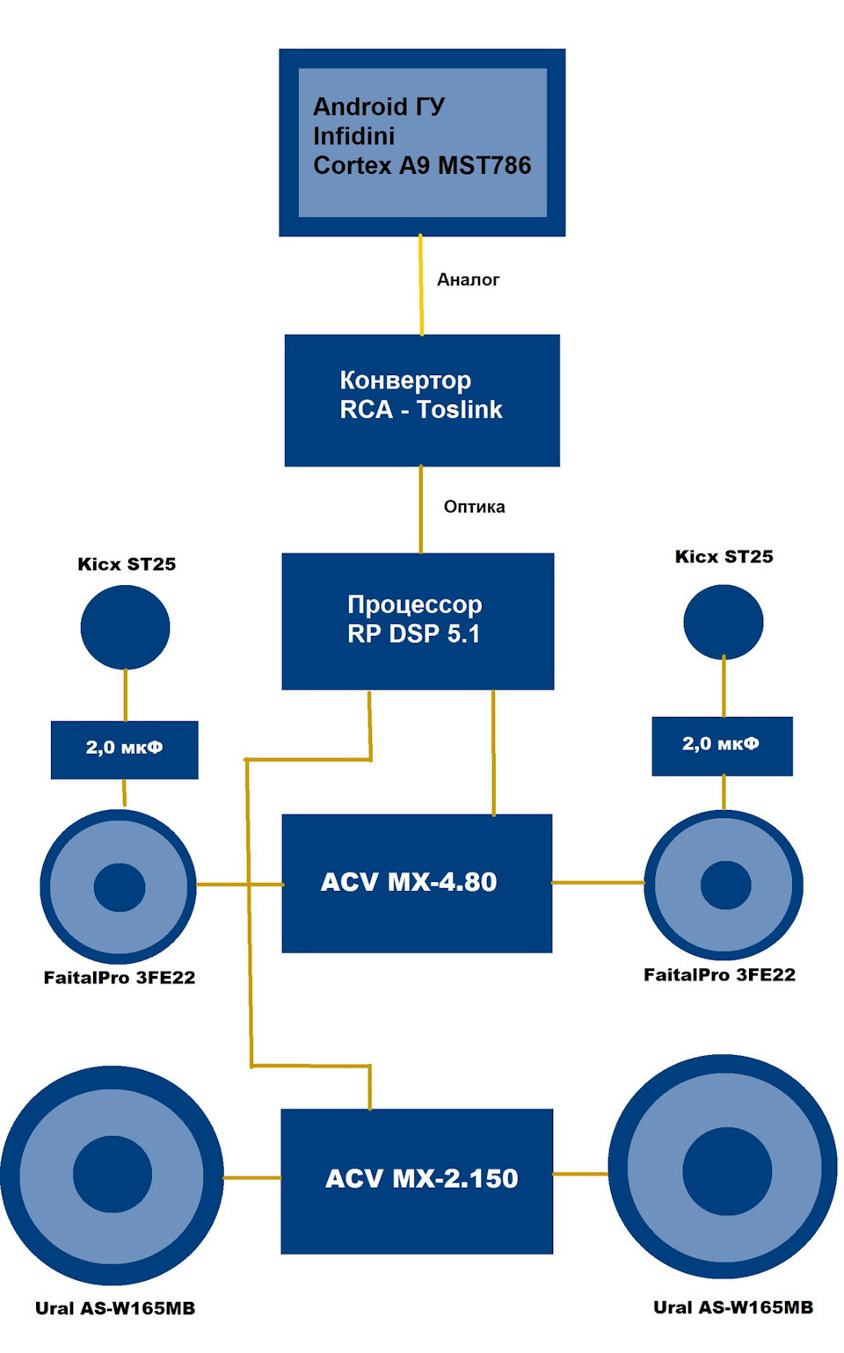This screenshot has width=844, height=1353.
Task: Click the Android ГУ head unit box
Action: (422, 142)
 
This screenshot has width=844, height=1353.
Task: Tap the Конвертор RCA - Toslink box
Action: (422, 400)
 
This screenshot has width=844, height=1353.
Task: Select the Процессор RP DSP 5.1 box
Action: (418, 620)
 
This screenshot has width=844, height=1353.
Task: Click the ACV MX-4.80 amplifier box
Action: (417, 882)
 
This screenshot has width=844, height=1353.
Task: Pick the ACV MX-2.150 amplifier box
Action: (417, 1180)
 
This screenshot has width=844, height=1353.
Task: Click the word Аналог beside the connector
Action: (468, 279)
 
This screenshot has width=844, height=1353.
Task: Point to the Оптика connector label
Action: (474, 507)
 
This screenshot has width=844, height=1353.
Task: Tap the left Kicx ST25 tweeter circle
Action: (125, 627)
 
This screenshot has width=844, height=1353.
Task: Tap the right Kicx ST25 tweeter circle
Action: (724, 623)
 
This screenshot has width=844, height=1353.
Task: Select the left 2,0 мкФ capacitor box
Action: (124, 749)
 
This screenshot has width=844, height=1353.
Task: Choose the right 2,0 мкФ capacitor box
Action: (722, 745)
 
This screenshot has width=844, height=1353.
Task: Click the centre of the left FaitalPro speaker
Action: (119, 886)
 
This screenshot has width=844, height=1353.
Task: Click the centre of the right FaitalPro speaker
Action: (724, 885)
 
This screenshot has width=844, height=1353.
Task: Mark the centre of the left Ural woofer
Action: (113, 1175)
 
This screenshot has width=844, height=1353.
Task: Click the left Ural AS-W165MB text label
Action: (115, 1308)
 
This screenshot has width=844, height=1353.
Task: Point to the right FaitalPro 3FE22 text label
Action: (719, 974)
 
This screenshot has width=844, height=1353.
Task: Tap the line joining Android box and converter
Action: (420, 286)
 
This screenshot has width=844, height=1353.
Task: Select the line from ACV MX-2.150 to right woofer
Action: (580, 1174)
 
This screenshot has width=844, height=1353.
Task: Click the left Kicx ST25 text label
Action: (127, 564)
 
